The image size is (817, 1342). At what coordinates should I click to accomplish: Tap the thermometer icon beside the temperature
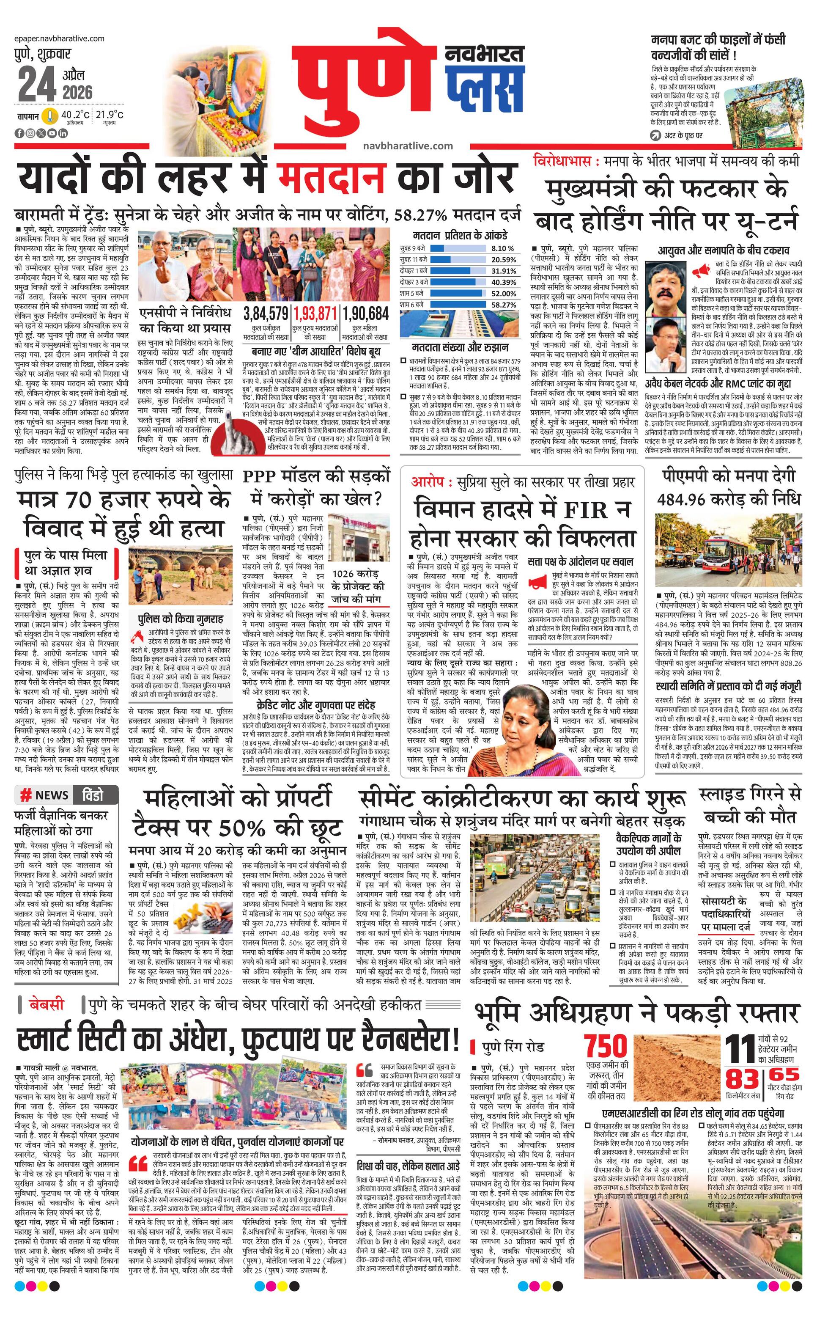(x=51, y=116)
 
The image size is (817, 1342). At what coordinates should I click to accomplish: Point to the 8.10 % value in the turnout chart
(x=502, y=248)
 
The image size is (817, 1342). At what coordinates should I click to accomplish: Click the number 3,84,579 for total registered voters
(x=266, y=314)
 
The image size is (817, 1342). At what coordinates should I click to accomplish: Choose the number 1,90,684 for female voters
(x=366, y=314)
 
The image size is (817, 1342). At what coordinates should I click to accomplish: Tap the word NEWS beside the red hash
(x=52, y=796)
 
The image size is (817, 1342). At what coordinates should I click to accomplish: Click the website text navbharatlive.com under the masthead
(x=408, y=146)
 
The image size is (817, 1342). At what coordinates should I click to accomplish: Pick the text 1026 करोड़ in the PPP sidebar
(x=358, y=574)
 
